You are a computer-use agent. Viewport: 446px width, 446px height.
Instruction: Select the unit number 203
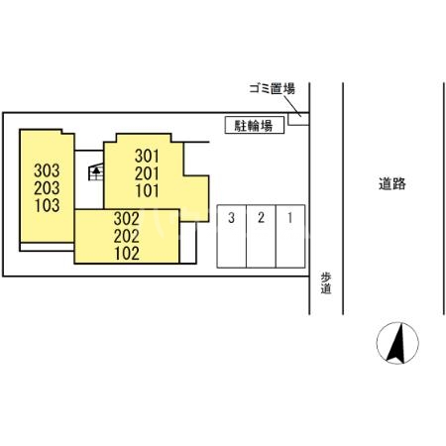point(47,188)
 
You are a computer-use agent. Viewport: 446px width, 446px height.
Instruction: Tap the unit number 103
point(47,206)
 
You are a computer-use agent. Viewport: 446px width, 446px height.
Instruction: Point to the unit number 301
point(147,156)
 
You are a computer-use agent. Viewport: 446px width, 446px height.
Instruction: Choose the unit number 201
point(147,173)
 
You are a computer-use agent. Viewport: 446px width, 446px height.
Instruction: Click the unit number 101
point(147,191)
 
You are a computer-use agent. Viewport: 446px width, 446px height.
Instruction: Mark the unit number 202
point(126,236)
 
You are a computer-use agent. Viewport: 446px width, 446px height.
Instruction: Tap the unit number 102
point(126,253)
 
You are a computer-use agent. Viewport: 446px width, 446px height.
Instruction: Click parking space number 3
point(231,218)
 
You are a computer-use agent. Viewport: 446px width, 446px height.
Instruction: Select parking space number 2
point(260,218)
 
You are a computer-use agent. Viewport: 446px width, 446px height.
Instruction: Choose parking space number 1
point(289,218)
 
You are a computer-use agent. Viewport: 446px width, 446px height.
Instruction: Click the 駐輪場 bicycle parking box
point(255,125)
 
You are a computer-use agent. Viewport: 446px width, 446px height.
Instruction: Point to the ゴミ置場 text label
point(272,88)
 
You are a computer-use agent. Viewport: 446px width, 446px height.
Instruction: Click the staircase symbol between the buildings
point(97,174)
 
